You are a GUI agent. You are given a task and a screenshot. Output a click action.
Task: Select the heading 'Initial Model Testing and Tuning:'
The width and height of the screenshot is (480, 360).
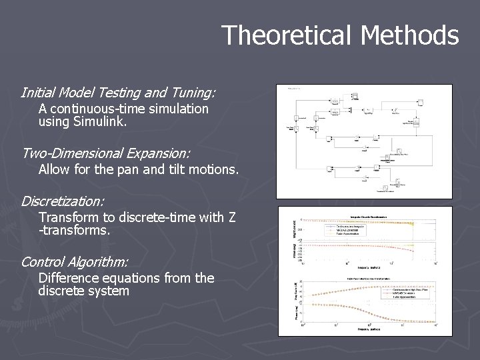[x=118, y=92]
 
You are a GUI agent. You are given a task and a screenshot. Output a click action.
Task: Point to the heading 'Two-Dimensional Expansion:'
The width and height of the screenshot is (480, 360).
[x=105, y=153]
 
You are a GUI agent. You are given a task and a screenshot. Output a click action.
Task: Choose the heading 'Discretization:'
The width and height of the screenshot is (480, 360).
[x=63, y=201]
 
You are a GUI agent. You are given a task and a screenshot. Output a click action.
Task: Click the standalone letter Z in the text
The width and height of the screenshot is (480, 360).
[x=231, y=217]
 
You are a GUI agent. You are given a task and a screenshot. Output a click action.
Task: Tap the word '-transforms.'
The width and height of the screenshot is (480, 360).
[x=74, y=231]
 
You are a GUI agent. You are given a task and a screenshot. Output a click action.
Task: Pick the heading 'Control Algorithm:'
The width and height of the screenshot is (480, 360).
[x=75, y=261]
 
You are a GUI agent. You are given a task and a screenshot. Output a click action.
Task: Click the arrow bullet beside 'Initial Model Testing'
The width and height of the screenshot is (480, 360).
[x=14, y=93]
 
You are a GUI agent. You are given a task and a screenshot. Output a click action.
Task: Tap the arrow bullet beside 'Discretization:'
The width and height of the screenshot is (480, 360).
[x=14, y=201]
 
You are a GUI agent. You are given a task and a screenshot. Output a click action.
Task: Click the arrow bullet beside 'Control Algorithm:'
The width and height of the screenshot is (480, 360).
[x=14, y=262]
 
